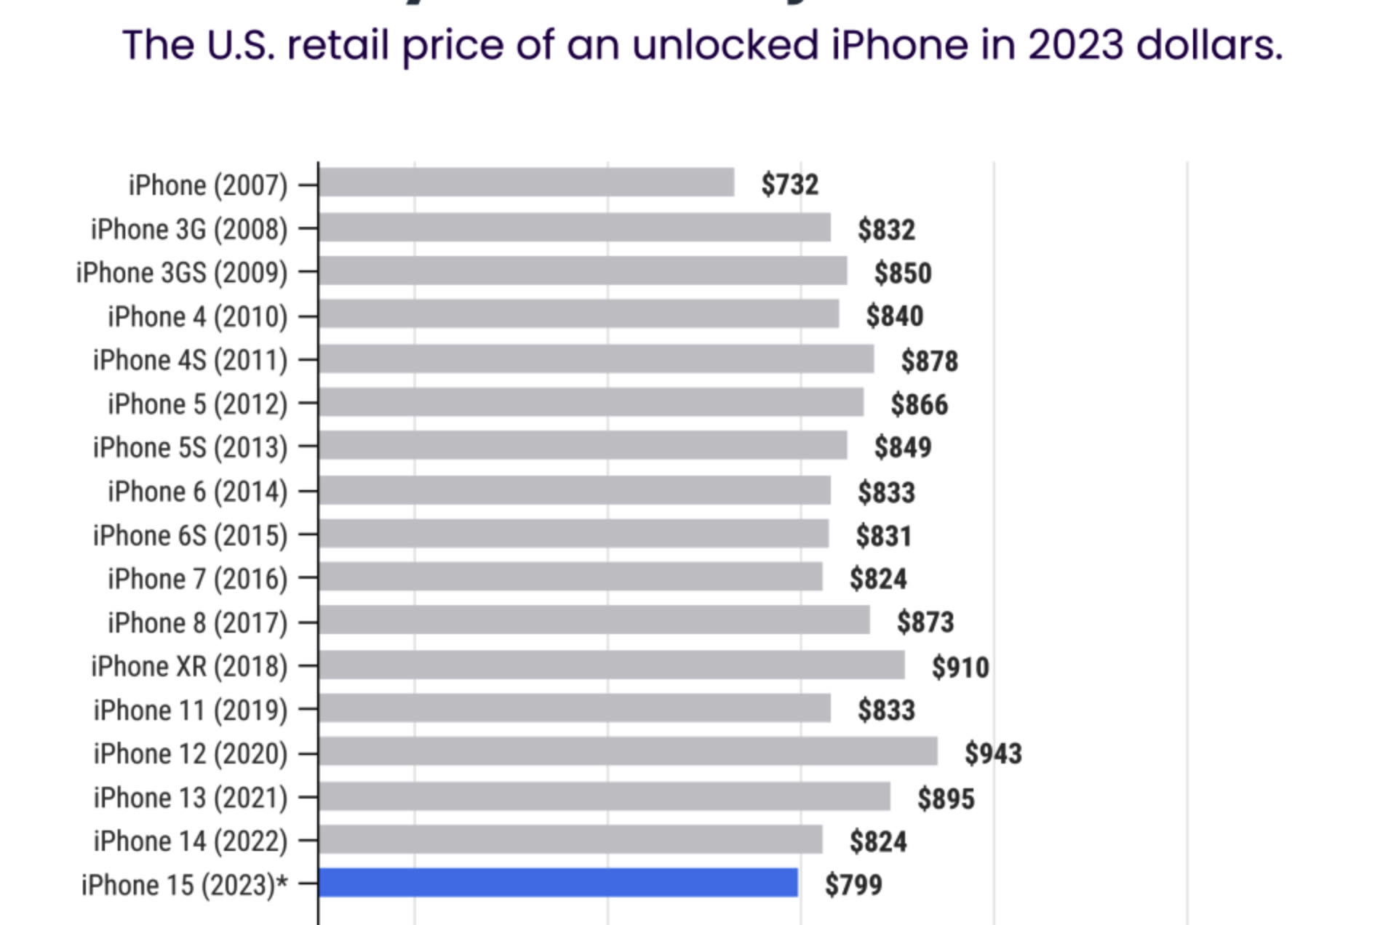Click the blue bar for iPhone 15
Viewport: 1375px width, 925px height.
point(558,883)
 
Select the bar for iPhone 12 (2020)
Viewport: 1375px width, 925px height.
point(628,752)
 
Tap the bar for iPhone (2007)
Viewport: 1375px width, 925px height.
point(526,183)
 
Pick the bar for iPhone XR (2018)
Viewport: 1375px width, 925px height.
point(611,665)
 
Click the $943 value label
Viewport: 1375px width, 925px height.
point(993,753)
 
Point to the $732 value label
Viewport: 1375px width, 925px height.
point(789,184)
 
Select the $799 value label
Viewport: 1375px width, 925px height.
point(853,885)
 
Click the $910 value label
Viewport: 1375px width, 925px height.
point(960,667)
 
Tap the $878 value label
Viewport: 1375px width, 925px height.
point(929,361)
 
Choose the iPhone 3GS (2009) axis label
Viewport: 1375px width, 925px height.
point(182,273)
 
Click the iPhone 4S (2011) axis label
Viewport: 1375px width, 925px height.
point(190,360)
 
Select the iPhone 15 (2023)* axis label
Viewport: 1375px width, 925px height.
point(185,885)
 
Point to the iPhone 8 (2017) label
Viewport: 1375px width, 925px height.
point(197,622)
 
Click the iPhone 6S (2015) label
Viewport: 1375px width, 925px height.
point(190,535)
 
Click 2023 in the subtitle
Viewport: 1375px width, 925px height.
point(1075,45)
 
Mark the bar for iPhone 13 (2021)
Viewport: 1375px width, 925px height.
point(604,796)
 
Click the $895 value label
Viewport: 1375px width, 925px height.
point(945,798)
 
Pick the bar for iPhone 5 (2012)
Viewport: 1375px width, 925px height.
point(591,402)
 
